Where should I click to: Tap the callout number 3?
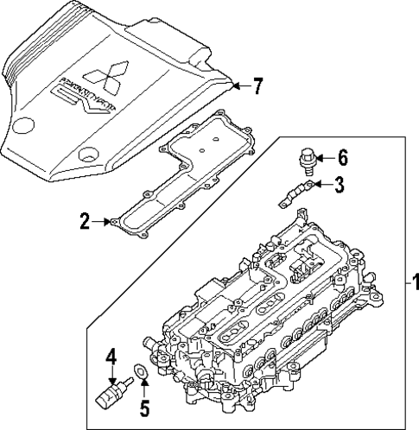(x=340, y=183)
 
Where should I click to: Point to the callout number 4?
(x=111, y=355)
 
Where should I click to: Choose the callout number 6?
(x=341, y=157)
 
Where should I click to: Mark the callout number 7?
(x=257, y=85)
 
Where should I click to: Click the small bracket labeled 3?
(x=293, y=192)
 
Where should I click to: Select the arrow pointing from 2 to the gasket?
(x=104, y=223)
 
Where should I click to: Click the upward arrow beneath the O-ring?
(x=144, y=386)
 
